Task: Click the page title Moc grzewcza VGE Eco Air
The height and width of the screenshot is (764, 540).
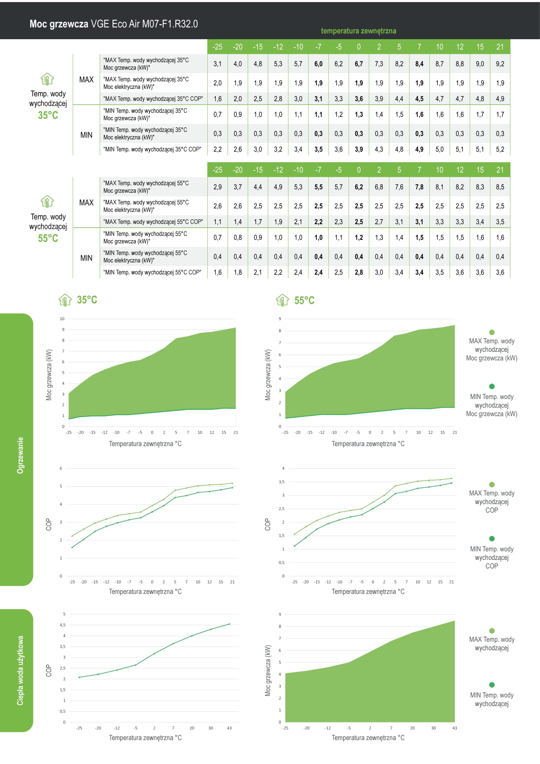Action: coord(113,24)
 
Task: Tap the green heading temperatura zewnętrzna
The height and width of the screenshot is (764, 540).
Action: coord(358,31)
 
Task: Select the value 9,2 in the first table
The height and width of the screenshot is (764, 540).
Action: coord(500,64)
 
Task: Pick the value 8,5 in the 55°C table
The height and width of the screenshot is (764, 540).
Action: coord(500,187)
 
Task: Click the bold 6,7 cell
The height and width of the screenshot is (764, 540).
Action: coord(358,64)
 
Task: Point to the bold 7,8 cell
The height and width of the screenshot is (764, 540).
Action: coord(419,187)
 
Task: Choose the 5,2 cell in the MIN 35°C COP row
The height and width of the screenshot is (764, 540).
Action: coord(500,149)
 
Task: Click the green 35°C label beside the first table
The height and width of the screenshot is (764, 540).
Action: coord(48,115)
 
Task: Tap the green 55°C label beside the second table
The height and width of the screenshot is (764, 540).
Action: coord(48,238)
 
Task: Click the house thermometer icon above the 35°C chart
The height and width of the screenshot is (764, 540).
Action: coord(65,300)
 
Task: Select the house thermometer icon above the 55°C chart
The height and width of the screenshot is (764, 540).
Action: coord(282,300)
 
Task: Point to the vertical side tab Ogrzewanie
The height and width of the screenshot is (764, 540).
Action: coord(20,455)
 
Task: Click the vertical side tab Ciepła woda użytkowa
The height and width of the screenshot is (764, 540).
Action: coord(20,671)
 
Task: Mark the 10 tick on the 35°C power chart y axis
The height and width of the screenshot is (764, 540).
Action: coord(62,319)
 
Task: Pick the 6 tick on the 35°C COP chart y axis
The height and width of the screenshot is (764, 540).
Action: coord(61,468)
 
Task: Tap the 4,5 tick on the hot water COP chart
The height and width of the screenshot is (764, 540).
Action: coord(62,625)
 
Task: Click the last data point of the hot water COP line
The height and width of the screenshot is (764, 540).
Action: coord(230,624)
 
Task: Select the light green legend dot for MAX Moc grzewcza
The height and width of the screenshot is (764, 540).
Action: coord(492,332)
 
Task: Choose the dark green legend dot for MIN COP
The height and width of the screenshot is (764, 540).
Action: coord(492,538)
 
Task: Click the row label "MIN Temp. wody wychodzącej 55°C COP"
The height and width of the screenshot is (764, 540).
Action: coord(152,272)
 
